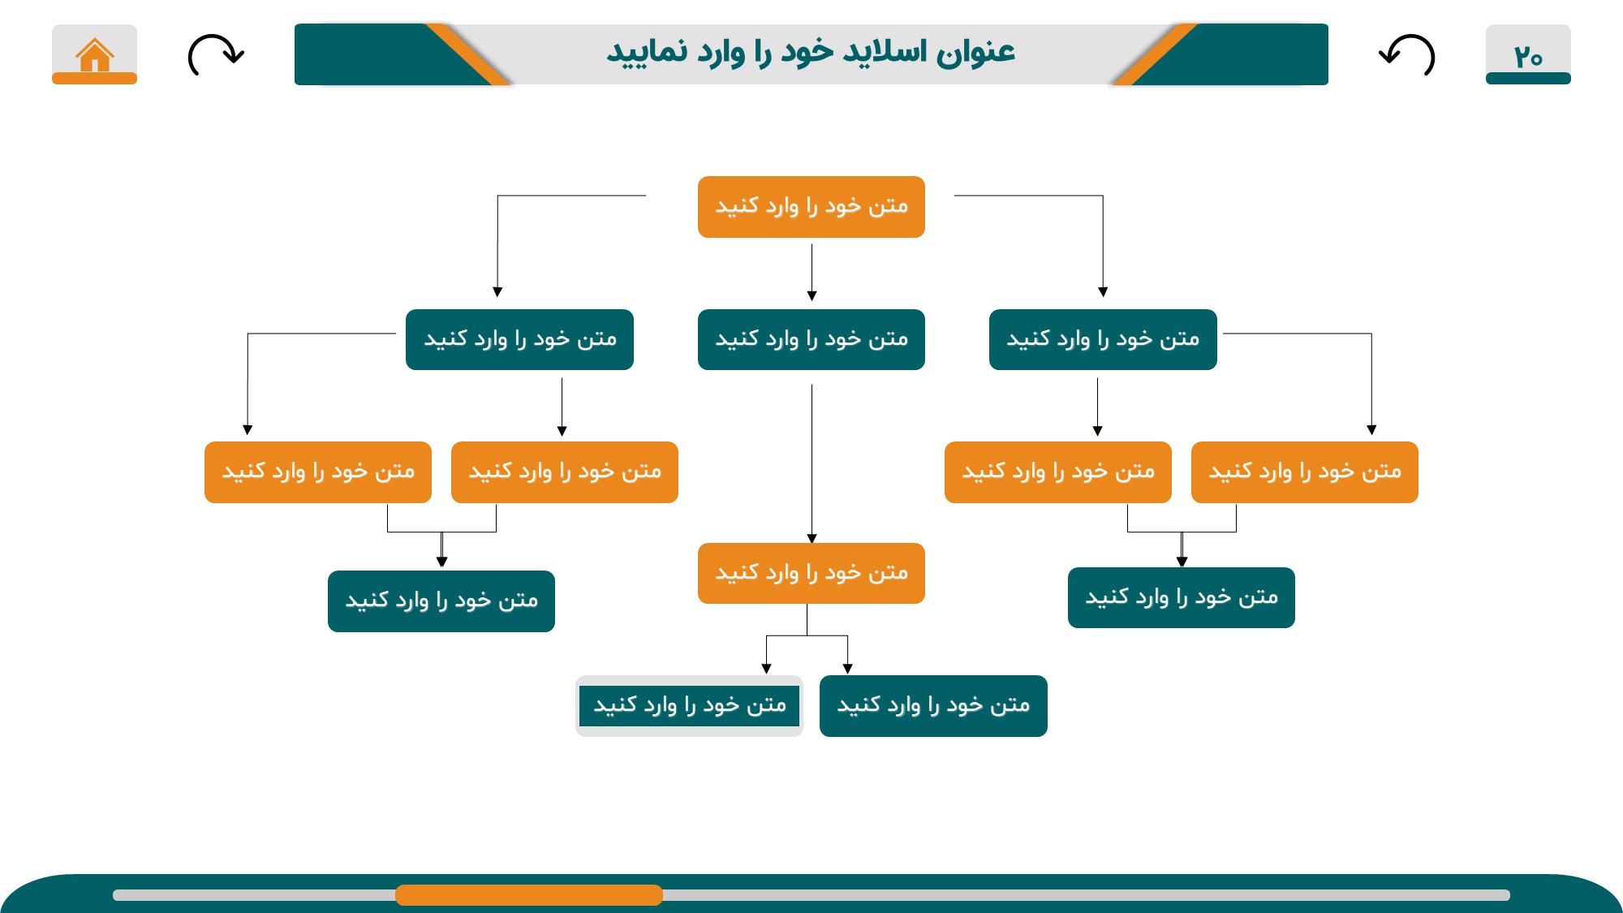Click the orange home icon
pos(95,55)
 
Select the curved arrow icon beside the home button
pos(215,54)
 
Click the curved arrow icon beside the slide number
pos(1407,54)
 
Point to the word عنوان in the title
pos(975,52)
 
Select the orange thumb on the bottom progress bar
pos(529,895)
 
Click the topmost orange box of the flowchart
pos(811,207)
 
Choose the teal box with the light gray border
pos(689,706)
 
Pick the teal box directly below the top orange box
pos(811,339)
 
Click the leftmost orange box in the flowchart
pos(318,472)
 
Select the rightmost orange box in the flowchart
pos(1305,472)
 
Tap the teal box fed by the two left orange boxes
pos(441,601)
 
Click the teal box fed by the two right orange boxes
pos(1182,597)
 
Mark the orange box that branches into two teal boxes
pos(811,573)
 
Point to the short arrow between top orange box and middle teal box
pos(811,273)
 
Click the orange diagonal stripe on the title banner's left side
pos(468,54)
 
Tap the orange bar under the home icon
pos(95,79)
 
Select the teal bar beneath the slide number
pos(1528,79)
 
